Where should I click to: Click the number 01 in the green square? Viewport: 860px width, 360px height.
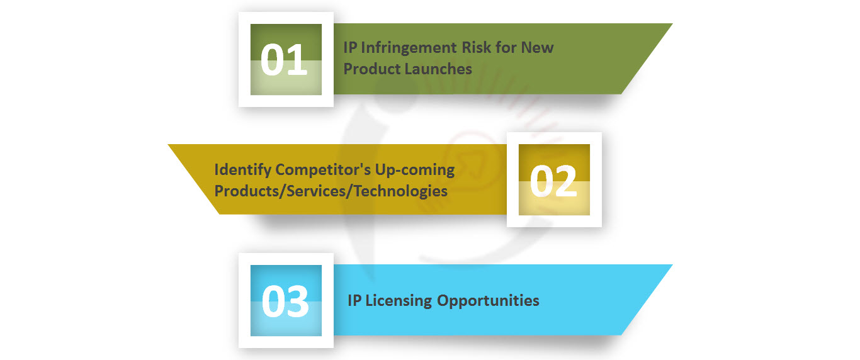[284, 60]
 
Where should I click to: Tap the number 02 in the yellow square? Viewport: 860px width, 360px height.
[553, 181]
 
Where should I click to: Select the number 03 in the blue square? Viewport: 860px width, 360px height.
[285, 301]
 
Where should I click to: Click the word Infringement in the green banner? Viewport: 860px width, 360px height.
[409, 48]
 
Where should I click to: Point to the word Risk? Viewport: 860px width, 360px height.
[476, 48]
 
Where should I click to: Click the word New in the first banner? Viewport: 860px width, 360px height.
[537, 48]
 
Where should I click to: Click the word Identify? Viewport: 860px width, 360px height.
[242, 170]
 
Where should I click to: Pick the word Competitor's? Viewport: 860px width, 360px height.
[323, 170]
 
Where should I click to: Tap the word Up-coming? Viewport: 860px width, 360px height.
[415, 171]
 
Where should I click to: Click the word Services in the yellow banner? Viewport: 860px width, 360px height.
[316, 191]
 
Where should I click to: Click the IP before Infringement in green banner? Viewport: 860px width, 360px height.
[350, 48]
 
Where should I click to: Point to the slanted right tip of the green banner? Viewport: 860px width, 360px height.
[672, 24]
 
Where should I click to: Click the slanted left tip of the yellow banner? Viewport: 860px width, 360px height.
[169, 145]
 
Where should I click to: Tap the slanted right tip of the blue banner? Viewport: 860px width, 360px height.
[672, 265]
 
